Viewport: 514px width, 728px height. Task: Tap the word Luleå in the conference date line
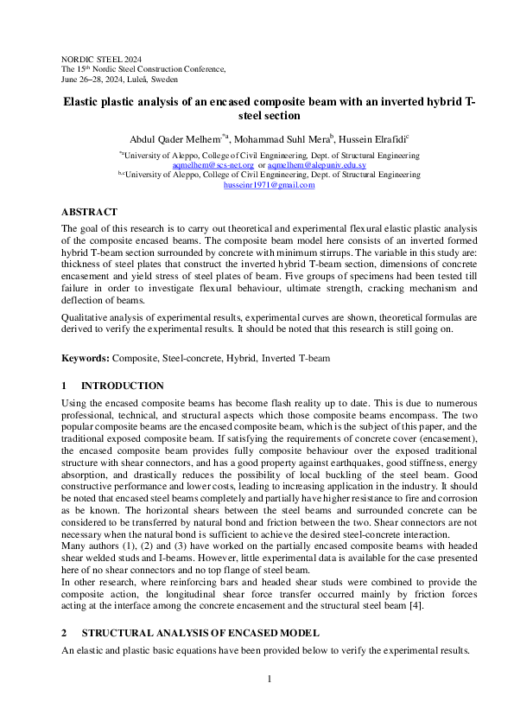coord(164,78)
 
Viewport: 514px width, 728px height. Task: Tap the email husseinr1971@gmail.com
coord(270,185)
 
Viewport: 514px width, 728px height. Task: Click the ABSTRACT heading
coord(89,212)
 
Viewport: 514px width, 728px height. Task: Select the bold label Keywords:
coord(85,358)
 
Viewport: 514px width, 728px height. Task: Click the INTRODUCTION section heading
coord(122,386)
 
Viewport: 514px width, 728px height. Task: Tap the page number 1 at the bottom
coord(269,679)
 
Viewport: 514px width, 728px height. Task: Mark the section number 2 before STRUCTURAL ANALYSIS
coord(64,633)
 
